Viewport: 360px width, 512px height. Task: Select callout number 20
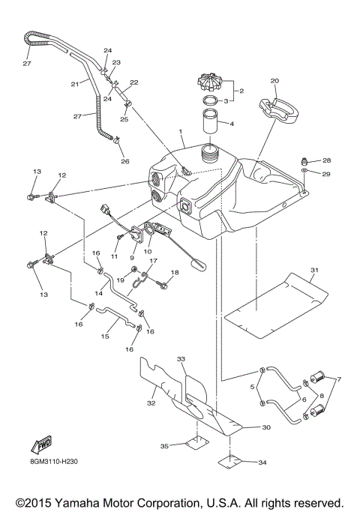pos(274,80)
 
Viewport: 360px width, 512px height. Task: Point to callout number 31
pos(314,270)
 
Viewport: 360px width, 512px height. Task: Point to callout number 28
pos(325,160)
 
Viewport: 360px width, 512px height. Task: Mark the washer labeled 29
pos(305,173)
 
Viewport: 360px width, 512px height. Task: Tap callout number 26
pos(125,160)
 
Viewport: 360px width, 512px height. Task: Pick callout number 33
pos(181,360)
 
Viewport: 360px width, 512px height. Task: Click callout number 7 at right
pos(338,379)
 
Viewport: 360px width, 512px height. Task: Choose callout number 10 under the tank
pos(148,252)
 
